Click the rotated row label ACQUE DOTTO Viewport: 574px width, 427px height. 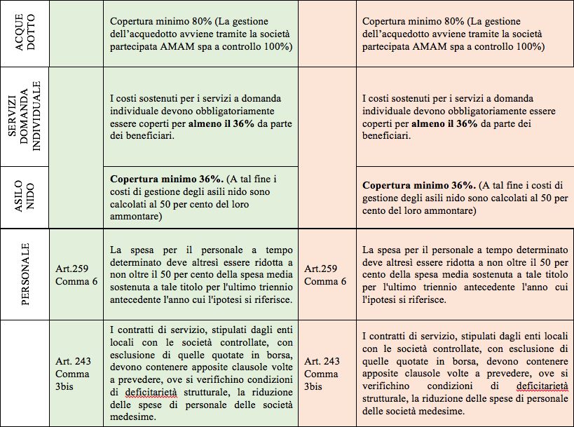(x=25, y=34)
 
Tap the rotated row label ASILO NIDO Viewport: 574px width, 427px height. (x=25, y=196)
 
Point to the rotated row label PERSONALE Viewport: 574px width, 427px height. (x=25, y=273)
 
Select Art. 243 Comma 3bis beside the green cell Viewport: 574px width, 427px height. (x=73, y=373)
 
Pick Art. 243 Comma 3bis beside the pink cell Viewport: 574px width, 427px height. (x=323, y=373)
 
